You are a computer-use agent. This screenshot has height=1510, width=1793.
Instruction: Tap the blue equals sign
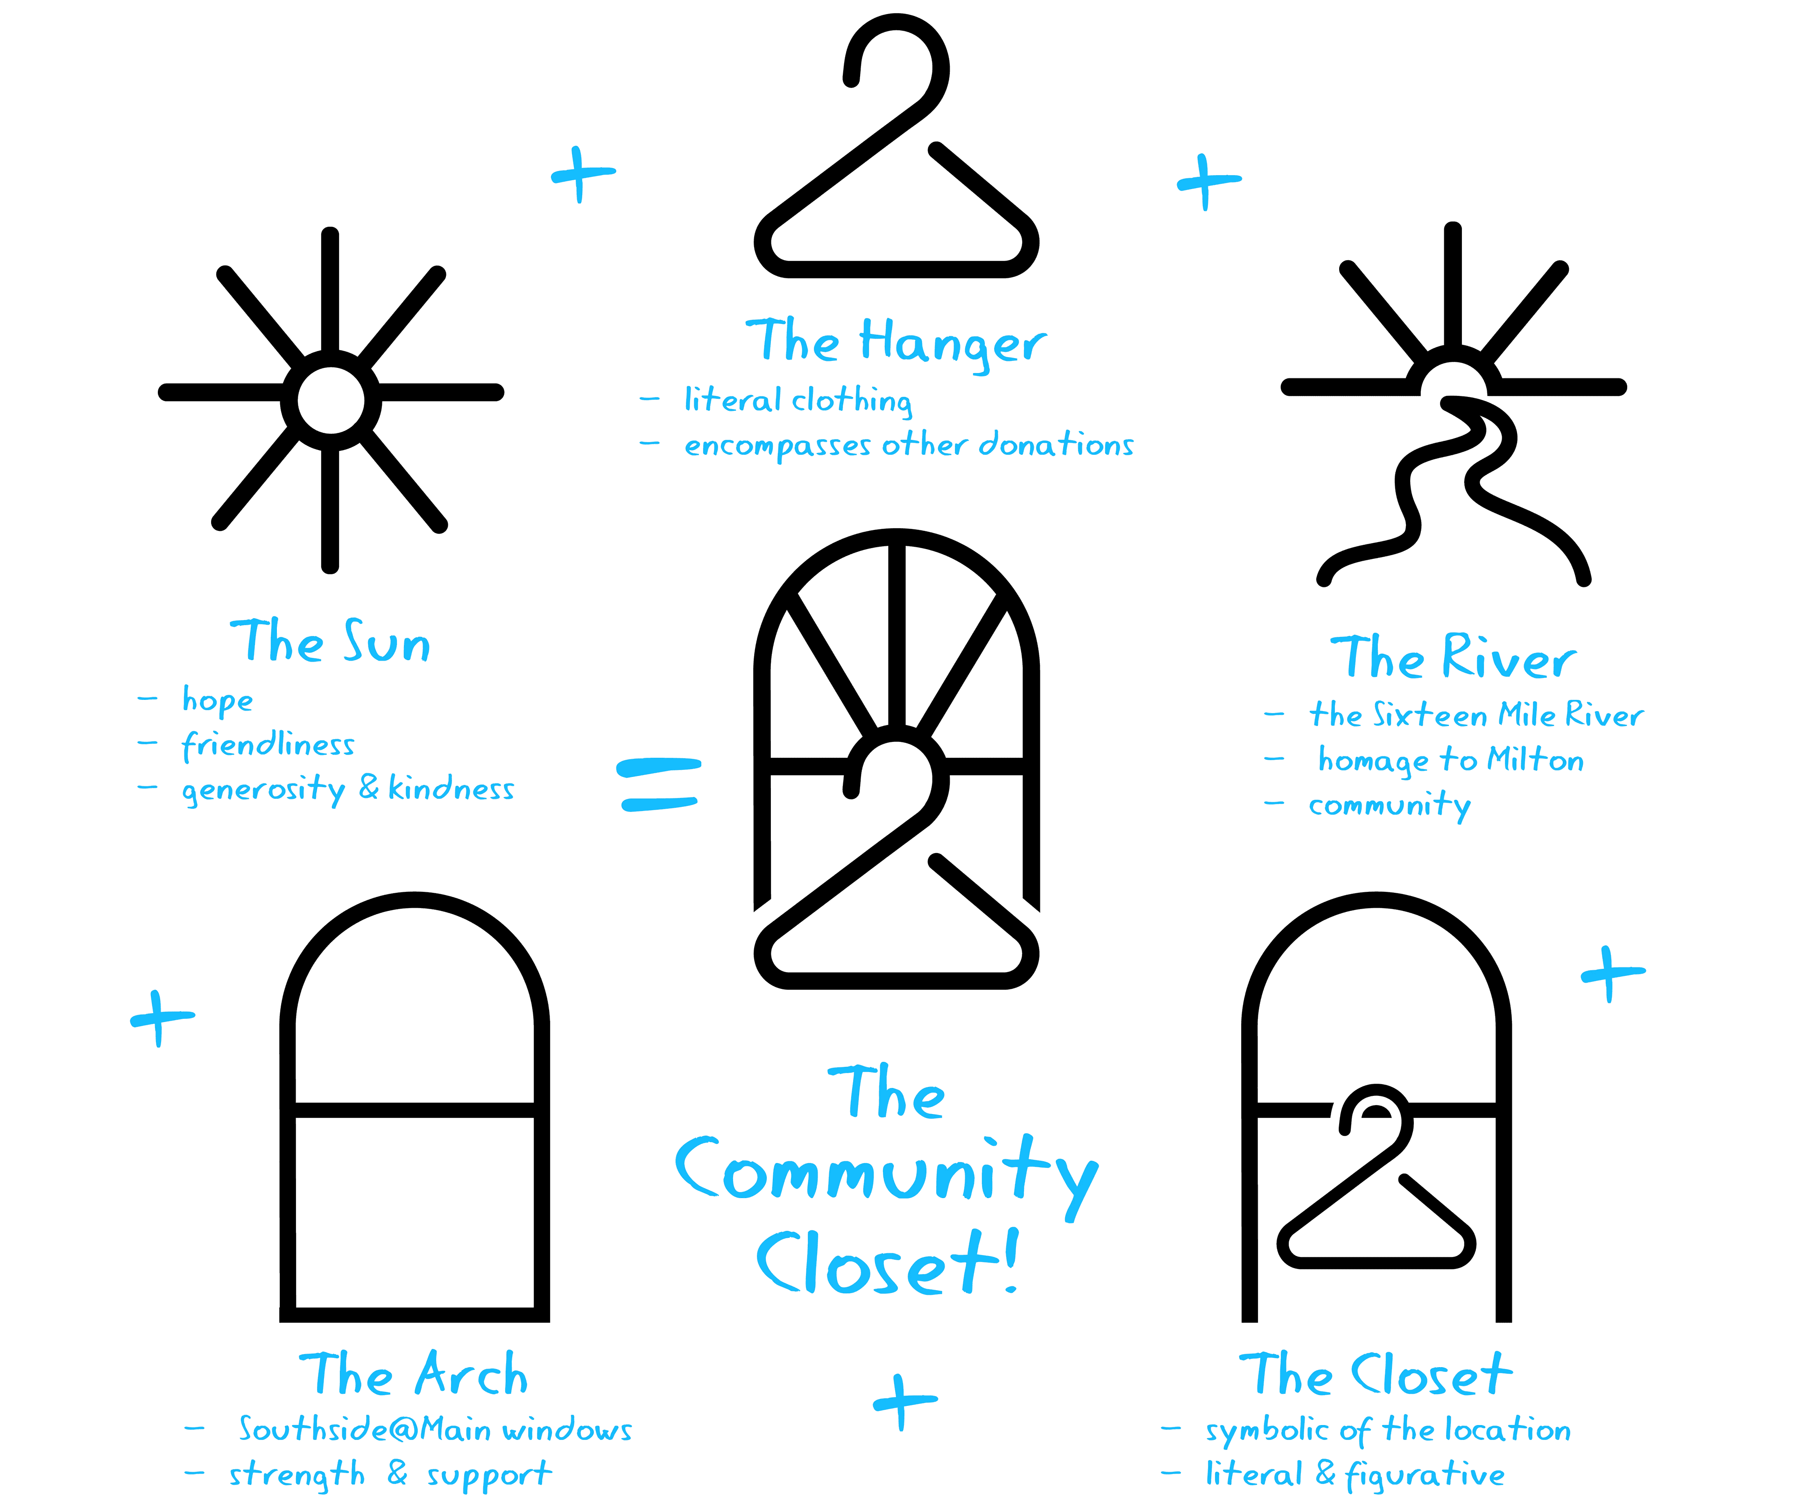point(659,784)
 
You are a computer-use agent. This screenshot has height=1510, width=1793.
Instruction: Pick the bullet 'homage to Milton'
point(1451,760)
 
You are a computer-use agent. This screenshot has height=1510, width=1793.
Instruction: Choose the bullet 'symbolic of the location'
point(1388,1430)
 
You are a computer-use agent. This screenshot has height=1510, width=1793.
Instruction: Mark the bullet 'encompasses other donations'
point(909,445)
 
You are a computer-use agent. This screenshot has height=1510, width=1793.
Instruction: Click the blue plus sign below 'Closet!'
point(904,1401)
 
